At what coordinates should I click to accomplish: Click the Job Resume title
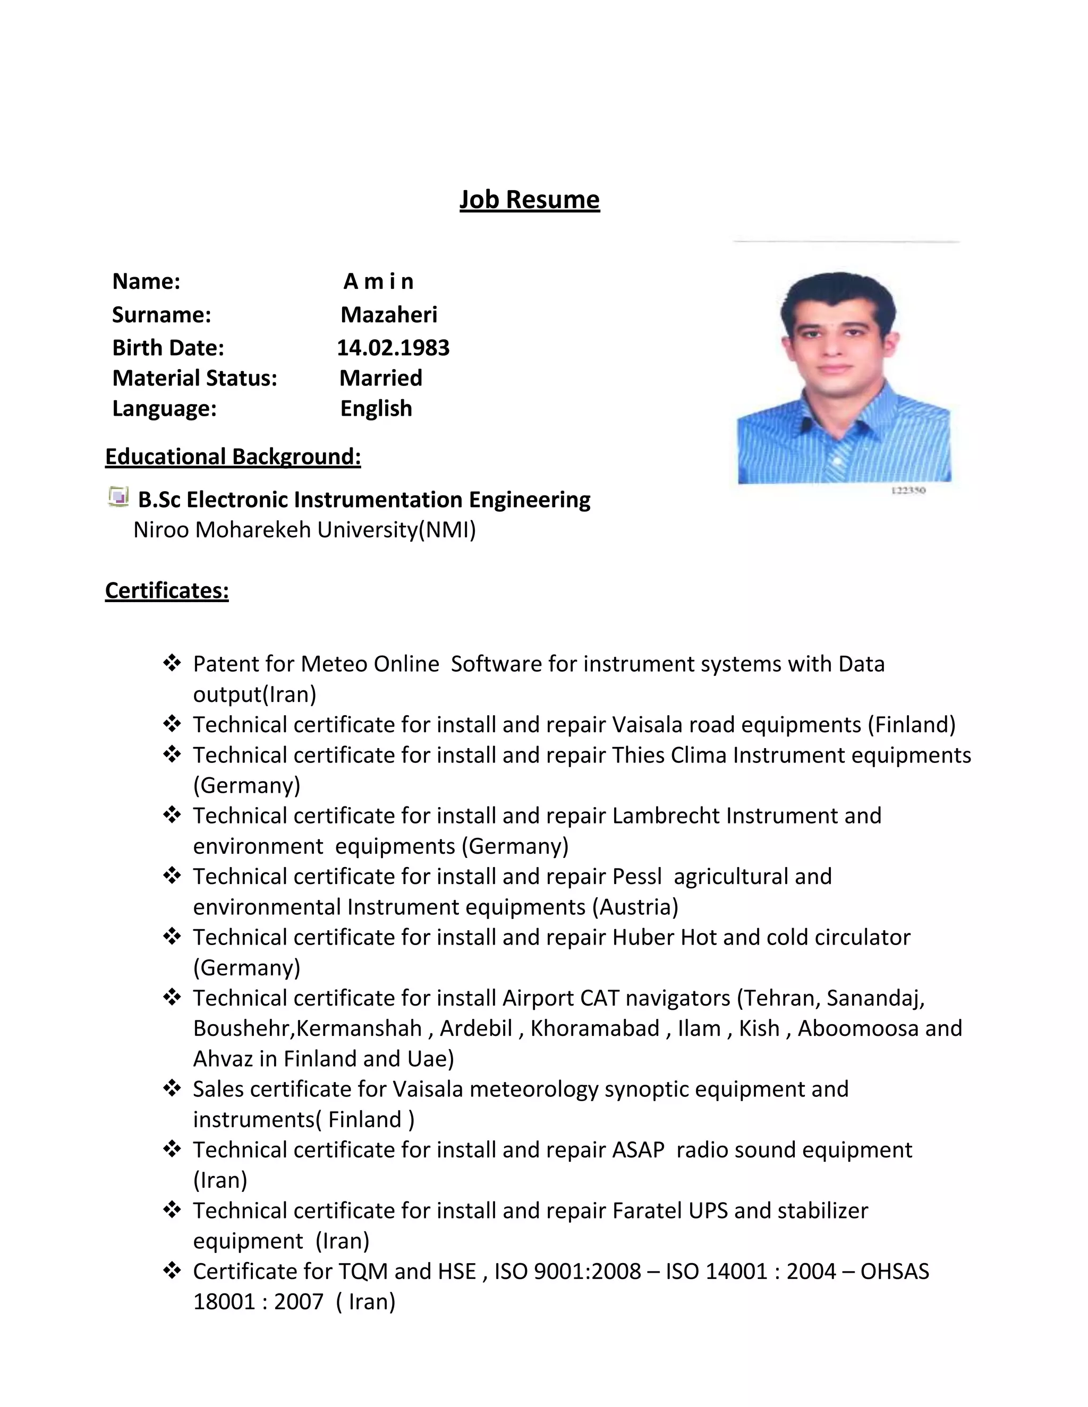(x=529, y=200)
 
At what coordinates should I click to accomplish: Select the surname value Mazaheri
(x=389, y=314)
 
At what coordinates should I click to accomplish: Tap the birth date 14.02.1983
(x=393, y=348)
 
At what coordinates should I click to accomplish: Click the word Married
(x=381, y=378)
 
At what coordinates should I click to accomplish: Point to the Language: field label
(x=164, y=408)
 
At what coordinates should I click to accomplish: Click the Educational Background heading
(x=233, y=457)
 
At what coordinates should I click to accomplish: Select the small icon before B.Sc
(x=118, y=497)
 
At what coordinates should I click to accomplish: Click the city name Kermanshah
(x=359, y=1029)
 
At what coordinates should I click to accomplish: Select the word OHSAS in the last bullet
(x=895, y=1272)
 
